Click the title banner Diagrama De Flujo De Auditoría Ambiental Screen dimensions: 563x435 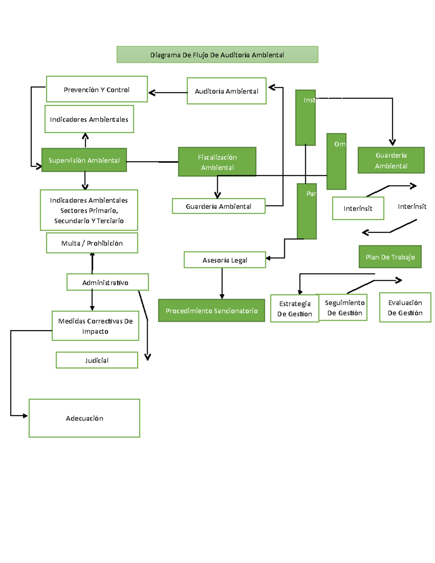point(217,55)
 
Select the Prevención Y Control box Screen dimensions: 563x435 point(97,89)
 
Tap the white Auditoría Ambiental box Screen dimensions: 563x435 point(227,91)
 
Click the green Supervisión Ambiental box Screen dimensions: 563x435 point(84,160)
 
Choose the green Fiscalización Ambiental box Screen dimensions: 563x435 point(217,162)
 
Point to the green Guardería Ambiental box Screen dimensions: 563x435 point(391,160)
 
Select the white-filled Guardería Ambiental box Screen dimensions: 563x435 point(219,206)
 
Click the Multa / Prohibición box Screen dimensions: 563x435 point(92,243)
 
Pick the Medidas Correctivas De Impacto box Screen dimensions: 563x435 point(95,326)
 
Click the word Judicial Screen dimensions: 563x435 point(97,360)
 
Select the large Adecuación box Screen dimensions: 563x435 point(84,418)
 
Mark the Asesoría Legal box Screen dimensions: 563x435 point(225,260)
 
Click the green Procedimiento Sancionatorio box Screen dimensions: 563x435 point(212,311)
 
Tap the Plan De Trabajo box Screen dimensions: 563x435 point(390,257)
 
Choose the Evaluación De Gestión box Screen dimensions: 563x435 point(405,307)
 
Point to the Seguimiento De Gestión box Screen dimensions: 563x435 point(344,307)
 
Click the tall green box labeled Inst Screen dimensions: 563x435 point(305,118)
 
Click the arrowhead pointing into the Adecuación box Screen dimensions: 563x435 point(25,415)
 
